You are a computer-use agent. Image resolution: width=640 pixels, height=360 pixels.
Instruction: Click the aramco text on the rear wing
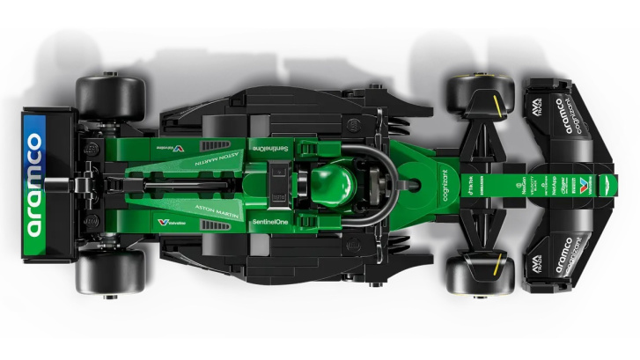point(34,184)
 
